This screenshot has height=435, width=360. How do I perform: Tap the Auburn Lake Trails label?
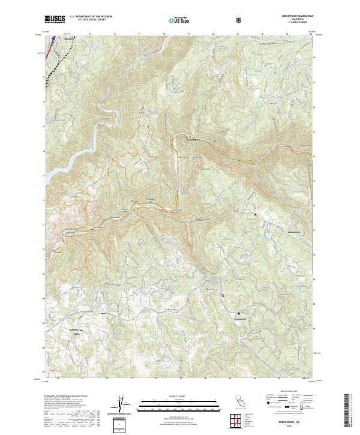77,331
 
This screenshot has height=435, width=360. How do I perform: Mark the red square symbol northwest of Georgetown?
255,214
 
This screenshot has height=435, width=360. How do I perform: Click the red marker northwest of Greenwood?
223,295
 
